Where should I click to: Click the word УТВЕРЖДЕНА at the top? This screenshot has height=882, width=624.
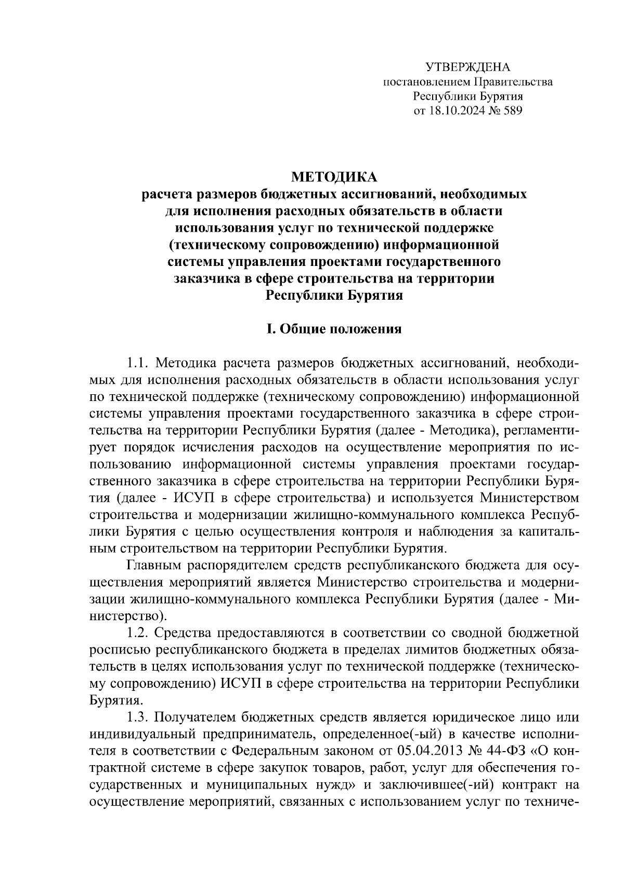tap(468, 68)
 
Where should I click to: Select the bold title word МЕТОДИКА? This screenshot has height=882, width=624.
tap(333, 177)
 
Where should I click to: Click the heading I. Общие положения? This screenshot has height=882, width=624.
tap(333, 329)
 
